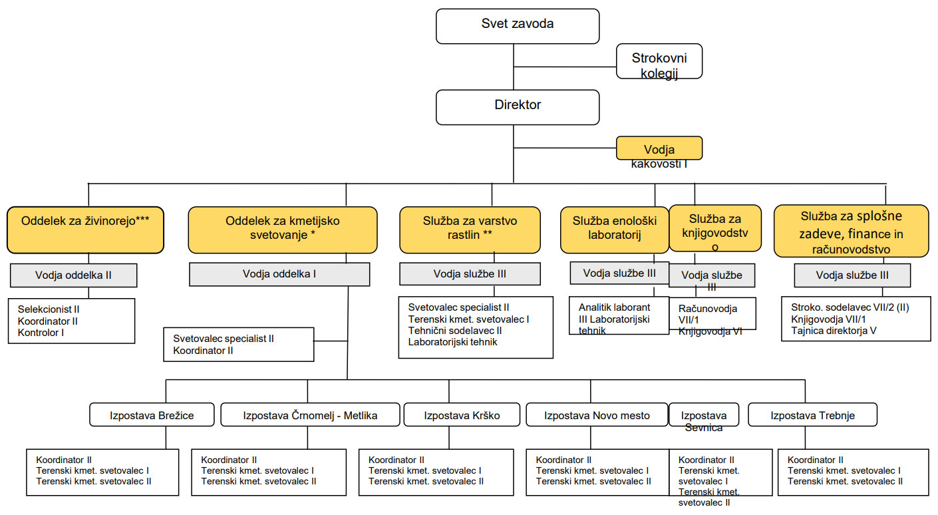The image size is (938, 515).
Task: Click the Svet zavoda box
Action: (518, 26)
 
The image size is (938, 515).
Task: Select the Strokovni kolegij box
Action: (659, 61)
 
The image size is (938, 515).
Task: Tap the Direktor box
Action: (518, 107)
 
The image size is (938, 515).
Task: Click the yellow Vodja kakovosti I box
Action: (659, 148)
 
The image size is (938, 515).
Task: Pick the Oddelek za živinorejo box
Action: (85, 230)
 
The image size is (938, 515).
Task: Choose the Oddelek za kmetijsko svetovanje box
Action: (283, 230)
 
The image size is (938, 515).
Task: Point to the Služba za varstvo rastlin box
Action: (470, 230)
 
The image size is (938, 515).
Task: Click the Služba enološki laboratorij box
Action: (614, 230)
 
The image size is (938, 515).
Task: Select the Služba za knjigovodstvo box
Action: (715, 228)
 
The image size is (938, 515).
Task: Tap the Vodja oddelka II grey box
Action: (74, 275)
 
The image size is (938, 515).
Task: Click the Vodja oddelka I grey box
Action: (279, 274)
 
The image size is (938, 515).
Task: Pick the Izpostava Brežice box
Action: (152, 415)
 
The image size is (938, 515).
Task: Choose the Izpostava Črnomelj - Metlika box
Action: (310, 415)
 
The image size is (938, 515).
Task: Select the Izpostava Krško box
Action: (462, 415)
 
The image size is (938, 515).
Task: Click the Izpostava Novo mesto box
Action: (597, 415)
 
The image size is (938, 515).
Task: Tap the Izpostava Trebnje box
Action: (813, 415)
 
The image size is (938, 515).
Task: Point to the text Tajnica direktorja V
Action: (834, 331)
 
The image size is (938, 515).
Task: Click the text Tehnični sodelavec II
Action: (455, 331)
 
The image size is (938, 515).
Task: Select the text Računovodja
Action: (708, 309)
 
